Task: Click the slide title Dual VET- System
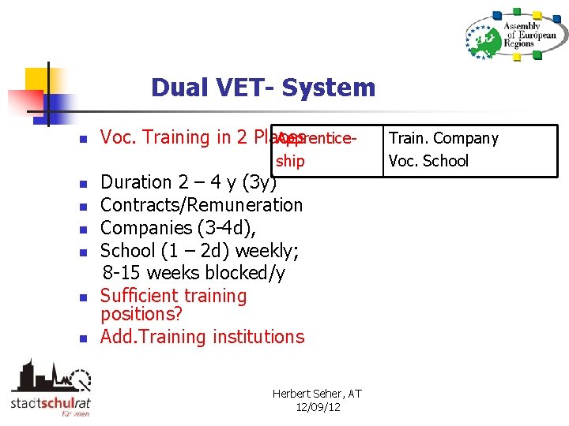pyautogui.click(x=263, y=88)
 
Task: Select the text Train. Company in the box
pyautogui.click(x=443, y=139)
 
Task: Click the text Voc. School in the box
pyautogui.click(x=428, y=161)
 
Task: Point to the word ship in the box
pyautogui.click(x=290, y=161)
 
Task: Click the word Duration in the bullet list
pyautogui.click(x=136, y=182)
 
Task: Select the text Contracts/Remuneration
pyautogui.click(x=202, y=205)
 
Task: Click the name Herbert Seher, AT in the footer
pyautogui.click(x=316, y=394)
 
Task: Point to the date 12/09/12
pyautogui.click(x=318, y=407)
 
